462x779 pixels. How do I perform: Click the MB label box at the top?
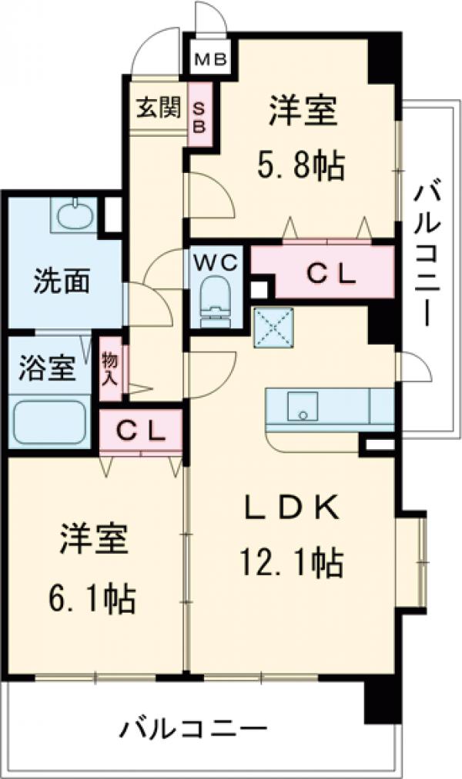(x=209, y=58)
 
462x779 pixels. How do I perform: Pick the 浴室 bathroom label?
(x=47, y=367)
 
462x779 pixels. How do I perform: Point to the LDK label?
(x=292, y=508)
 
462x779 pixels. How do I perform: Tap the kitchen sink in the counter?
(x=303, y=405)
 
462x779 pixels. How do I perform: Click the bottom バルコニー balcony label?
(x=192, y=727)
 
